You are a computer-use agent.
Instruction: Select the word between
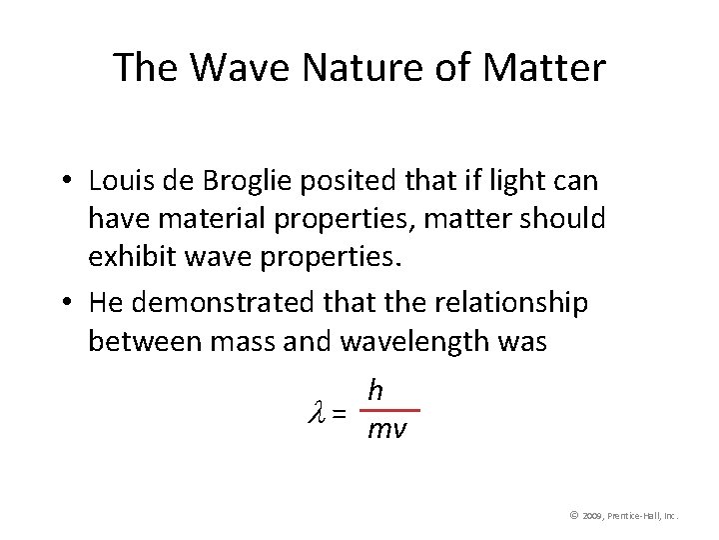coord(145,341)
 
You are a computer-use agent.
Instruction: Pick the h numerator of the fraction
coord(375,390)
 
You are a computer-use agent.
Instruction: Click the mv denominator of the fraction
coord(386,430)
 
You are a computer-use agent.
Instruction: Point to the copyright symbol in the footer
coord(574,515)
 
